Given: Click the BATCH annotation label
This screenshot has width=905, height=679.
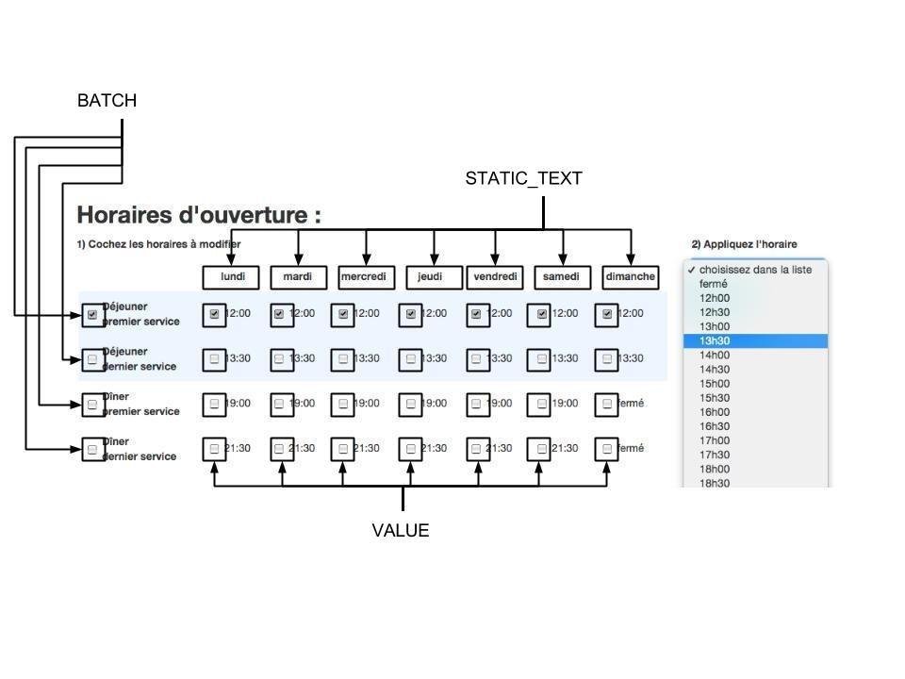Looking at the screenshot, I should click(x=107, y=101).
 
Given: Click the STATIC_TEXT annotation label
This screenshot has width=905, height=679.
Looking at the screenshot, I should click(x=523, y=178).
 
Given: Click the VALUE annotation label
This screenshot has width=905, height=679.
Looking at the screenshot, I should click(x=401, y=531).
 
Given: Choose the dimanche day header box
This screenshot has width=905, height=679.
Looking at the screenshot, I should click(x=631, y=277).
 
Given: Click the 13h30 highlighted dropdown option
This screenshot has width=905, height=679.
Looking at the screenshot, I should click(x=755, y=340).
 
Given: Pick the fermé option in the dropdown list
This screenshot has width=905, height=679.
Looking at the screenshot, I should click(x=714, y=284).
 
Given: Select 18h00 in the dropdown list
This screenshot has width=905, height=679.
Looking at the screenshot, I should click(x=715, y=469).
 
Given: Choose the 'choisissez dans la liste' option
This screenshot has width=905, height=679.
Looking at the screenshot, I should click(x=755, y=270).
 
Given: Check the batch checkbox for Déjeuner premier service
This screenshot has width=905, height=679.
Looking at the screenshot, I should click(x=92, y=315).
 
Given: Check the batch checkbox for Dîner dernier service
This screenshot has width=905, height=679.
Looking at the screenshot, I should click(x=92, y=450).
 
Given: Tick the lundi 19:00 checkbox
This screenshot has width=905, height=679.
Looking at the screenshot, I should click(x=215, y=404).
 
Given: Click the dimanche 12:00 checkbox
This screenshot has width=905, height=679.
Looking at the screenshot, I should click(x=607, y=314).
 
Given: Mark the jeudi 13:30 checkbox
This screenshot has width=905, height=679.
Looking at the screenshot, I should click(x=410, y=359).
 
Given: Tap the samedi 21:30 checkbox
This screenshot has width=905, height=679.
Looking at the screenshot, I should click(x=539, y=449).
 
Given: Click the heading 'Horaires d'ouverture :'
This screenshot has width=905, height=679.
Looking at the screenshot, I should click(x=199, y=215).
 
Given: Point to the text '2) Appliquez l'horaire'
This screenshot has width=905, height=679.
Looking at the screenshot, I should click(x=744, y=244).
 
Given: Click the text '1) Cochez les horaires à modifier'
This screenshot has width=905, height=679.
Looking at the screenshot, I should click(x=157, y=244).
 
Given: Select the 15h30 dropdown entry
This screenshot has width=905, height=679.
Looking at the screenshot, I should click(x=715, y=398).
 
